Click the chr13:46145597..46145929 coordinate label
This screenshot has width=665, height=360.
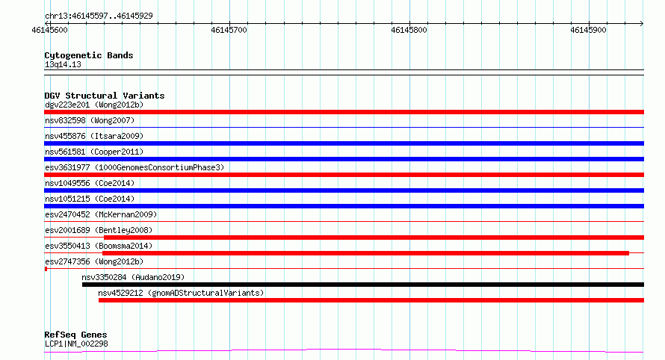tap(99, 16)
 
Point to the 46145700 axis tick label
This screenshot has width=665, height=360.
tap(229, 30)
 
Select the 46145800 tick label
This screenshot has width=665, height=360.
tap(409, 30)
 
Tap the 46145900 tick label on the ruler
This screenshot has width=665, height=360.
tap(588, 30)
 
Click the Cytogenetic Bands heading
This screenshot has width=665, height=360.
tap(89, 55)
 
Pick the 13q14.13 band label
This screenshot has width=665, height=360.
tap(63, 64)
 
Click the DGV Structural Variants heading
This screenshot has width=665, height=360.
tap(105, 96)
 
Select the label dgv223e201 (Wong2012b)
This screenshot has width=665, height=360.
tap(94, 105)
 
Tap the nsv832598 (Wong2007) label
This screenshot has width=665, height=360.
tap(90, 120)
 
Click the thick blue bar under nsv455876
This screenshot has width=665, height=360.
tap(344, 143)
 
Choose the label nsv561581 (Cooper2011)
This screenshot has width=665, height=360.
tap(94, 152)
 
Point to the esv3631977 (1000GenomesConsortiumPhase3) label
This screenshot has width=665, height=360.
tap(134, 167)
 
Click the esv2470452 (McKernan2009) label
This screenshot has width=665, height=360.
tap(101, 214)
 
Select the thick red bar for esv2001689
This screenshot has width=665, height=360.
tap(374, 238)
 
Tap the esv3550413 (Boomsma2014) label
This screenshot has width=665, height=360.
tap(99, 246)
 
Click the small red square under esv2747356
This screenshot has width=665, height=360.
tap(46, 269)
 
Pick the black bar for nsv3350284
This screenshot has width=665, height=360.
tap(363, 285)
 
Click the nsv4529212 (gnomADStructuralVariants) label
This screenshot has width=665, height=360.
tap(181, 293)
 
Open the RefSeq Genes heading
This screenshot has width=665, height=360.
tap(75, 335)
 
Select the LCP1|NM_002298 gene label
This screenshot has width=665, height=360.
tap(76, 344)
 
